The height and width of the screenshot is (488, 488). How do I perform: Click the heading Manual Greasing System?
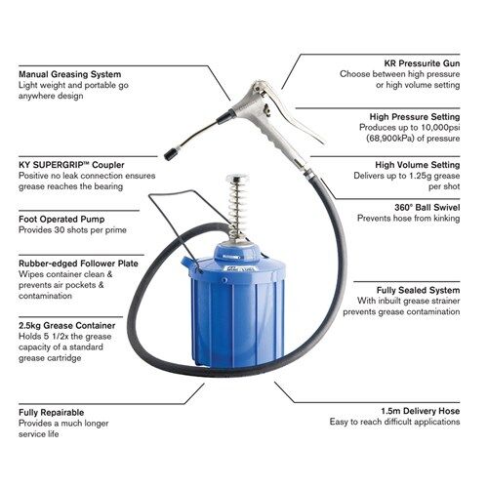tap(69, 74)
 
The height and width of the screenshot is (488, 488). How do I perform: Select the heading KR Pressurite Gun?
tap(422, 63)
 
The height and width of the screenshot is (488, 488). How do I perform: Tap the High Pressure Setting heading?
tap(415, 116)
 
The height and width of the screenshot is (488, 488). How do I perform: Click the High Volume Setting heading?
tap(418, 165)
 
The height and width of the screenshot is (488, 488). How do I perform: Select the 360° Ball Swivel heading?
tap(427, 207)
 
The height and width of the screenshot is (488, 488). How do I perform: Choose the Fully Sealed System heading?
tap(418, 290)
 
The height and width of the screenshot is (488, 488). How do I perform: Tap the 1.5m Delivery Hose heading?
tap(421, 411)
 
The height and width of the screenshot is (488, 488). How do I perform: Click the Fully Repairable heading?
tap(51, 413)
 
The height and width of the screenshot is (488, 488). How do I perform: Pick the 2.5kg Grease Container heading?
tap(66, 325)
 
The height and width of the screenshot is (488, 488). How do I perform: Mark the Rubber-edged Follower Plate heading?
tap(78, 264)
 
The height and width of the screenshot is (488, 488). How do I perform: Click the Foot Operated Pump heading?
tap(61, 219)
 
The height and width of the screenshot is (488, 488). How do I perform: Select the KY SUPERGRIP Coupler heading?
tap(71, 165)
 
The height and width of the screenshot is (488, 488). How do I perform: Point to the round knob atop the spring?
tap(237, 178)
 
